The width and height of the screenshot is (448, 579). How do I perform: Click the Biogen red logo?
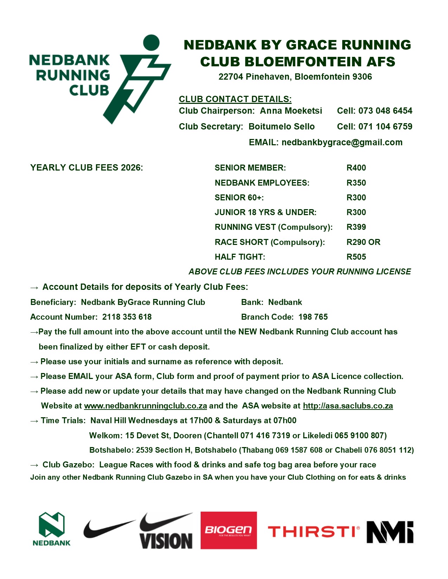pyautogui.click(x=228, y=530)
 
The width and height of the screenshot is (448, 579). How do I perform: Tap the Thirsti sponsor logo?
pyautogui.click(x=313, y=532)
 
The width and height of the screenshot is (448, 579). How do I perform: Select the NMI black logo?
pyautogui.click(x=390, y=532)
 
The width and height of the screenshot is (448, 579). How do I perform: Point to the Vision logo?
pyautogui.click(x=166, y=531)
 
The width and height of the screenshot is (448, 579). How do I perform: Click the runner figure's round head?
pyautogui.click(x=151, y=42)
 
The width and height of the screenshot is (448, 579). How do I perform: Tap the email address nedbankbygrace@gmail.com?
pyautogui.click(x=342, y=142)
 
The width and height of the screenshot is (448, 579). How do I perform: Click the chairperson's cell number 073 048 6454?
pyautogui.click(x=385, y=111)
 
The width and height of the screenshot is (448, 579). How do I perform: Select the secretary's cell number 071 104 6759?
pyautogui.click(x=385, y=127)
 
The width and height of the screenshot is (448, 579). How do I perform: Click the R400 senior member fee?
pyautogui.click(x=356, y=168)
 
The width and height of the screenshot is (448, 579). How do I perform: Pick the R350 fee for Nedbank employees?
pyautogui.click(x=356, y=183)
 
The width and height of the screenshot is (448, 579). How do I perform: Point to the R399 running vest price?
pyautogui.click(x=356, y=227)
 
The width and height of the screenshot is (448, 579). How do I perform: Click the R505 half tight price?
pyautogui.click(x=356, y=257)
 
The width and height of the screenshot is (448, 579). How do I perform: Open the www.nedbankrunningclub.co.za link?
pyautogui.click(x=145, y=406)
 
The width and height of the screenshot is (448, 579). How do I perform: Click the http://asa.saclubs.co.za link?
pyautogui.click(x=348, y=406)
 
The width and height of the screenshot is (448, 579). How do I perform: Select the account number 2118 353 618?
pyautogui.click(x=127, y=317)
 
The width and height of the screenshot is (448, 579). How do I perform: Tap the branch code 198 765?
pyautogui.click(x=313, y=317)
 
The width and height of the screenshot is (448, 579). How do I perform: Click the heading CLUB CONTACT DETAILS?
pyautogui.click(x=235, y=99)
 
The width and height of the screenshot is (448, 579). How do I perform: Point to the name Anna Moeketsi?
pyautogui.click(x=291, y=111)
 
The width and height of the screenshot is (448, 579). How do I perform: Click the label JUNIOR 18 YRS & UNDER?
pyautogui.click(x=265, y=212)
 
